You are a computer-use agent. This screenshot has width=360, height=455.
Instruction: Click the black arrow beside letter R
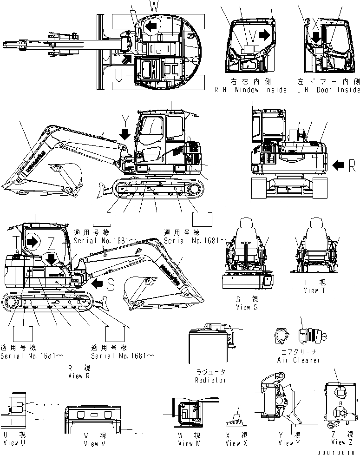[339, 164]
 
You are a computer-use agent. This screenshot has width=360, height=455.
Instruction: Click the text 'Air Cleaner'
[298, 360]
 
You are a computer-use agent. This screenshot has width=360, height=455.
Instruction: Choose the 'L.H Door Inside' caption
[328, 90]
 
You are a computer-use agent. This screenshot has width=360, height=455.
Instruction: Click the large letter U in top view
[120, 75]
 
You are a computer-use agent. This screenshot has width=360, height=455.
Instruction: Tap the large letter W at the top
[154, 6]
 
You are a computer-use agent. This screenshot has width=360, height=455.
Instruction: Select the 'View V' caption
[92, 443]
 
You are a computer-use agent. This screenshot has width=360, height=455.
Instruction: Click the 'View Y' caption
[286, 442]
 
